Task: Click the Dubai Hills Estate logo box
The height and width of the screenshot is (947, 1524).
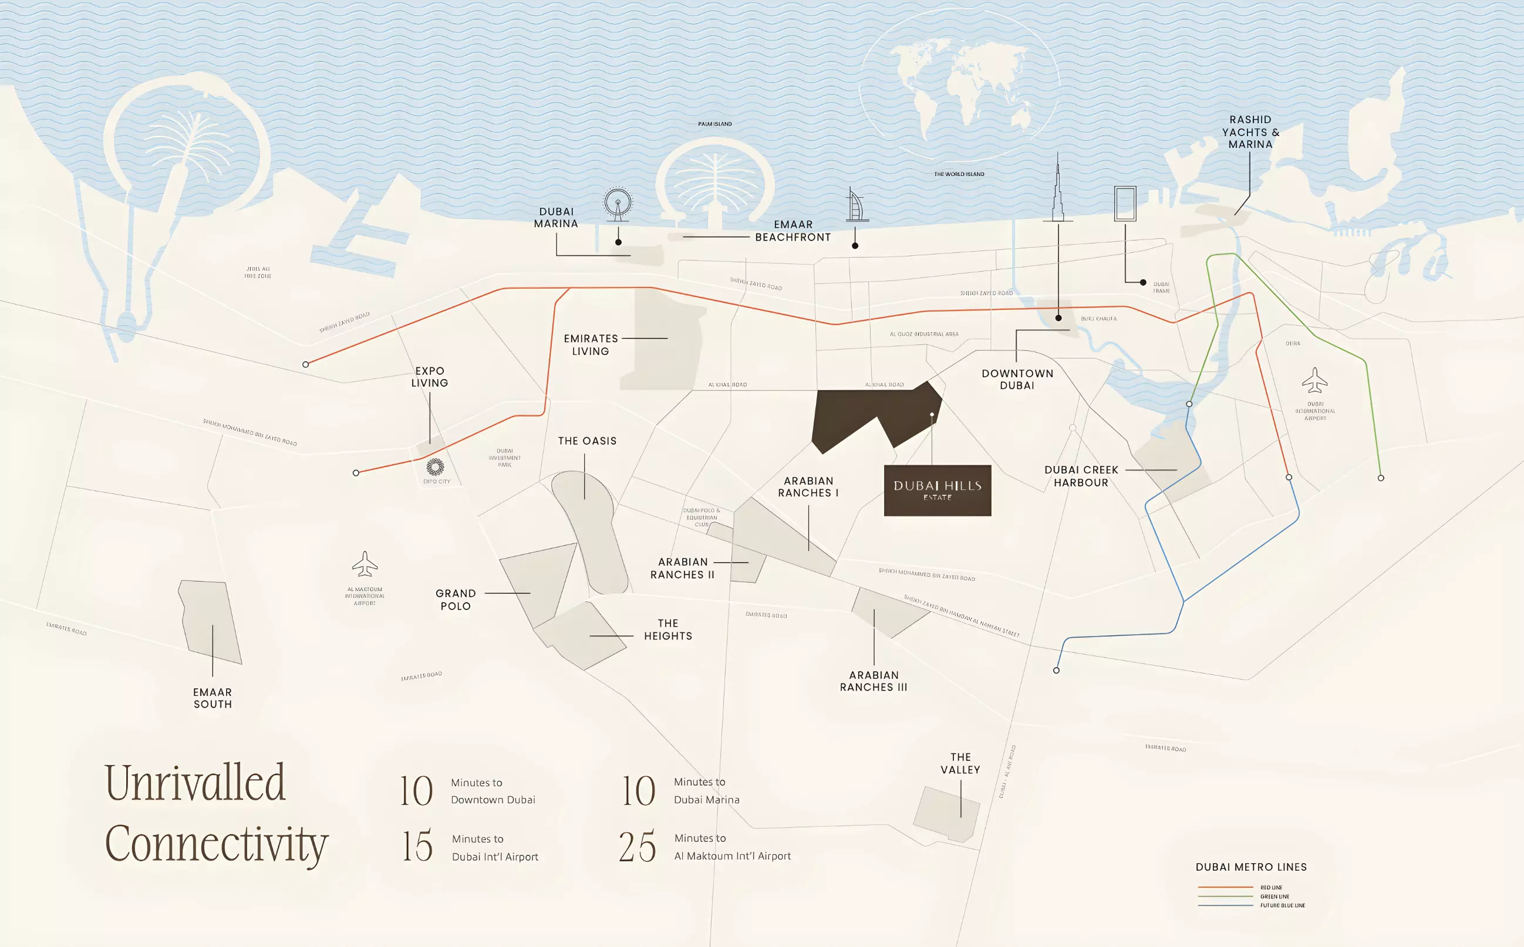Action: pos(937,491)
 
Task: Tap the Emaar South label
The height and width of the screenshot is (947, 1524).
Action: pos(213,698)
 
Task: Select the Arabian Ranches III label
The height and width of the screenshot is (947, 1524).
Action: pos(874,681)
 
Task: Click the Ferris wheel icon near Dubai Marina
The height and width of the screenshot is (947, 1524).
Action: pos(618,204)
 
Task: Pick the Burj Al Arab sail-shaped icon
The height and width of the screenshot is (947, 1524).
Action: pos(856,205)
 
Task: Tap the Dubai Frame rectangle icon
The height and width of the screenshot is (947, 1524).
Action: pos(1125,204)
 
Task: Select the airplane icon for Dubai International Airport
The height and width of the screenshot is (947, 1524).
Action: pos(1314,380)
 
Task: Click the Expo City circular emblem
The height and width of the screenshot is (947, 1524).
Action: pos(435,466)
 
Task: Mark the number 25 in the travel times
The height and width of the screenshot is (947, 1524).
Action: pos(638,847)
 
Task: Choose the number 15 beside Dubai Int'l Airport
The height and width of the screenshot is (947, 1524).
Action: pos(417,846)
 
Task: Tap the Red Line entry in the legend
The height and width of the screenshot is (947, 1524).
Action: pos(1271,888)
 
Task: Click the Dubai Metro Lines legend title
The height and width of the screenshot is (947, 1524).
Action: pos(1251,867)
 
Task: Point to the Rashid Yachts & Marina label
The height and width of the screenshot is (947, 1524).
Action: pos(1250,131)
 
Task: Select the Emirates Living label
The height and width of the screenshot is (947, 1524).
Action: pos(591,344)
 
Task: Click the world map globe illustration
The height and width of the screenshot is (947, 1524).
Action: pos(959,87)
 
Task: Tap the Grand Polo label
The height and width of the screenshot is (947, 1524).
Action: pos(456,600)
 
